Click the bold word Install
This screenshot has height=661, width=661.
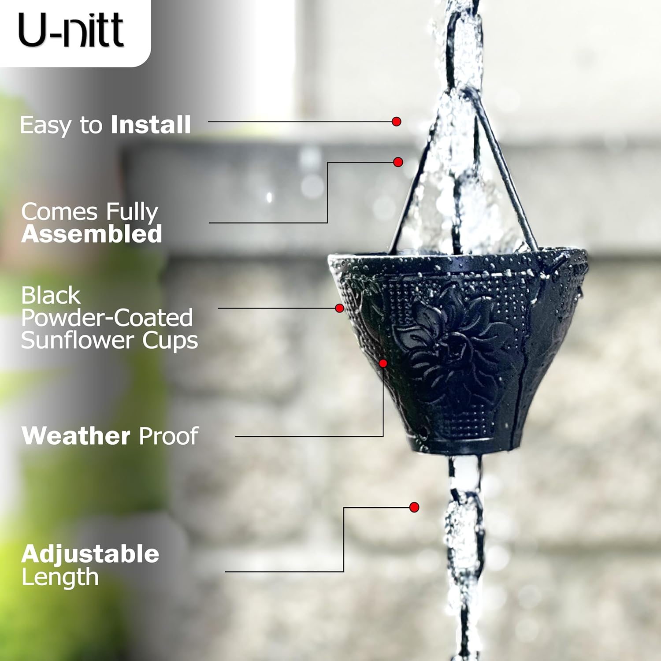coord(151,125)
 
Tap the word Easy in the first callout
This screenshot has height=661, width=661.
coord(45,126)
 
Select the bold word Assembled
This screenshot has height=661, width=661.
coord(92,234)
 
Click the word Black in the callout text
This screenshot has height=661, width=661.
coord(51,295)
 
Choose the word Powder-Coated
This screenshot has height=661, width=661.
coord(107,318)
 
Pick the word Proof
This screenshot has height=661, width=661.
coord(168,436)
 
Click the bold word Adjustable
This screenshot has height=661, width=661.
coord(90,554)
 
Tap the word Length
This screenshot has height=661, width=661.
coord(60,577)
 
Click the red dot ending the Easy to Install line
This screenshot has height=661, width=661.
coord(396,122)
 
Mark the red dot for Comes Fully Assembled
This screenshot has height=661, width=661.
coord(398,162)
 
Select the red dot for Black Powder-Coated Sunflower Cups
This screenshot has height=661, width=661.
coord(339,308)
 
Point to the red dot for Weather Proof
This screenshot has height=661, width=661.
coord(383,363)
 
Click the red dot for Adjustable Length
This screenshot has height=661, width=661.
coord(414,507)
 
